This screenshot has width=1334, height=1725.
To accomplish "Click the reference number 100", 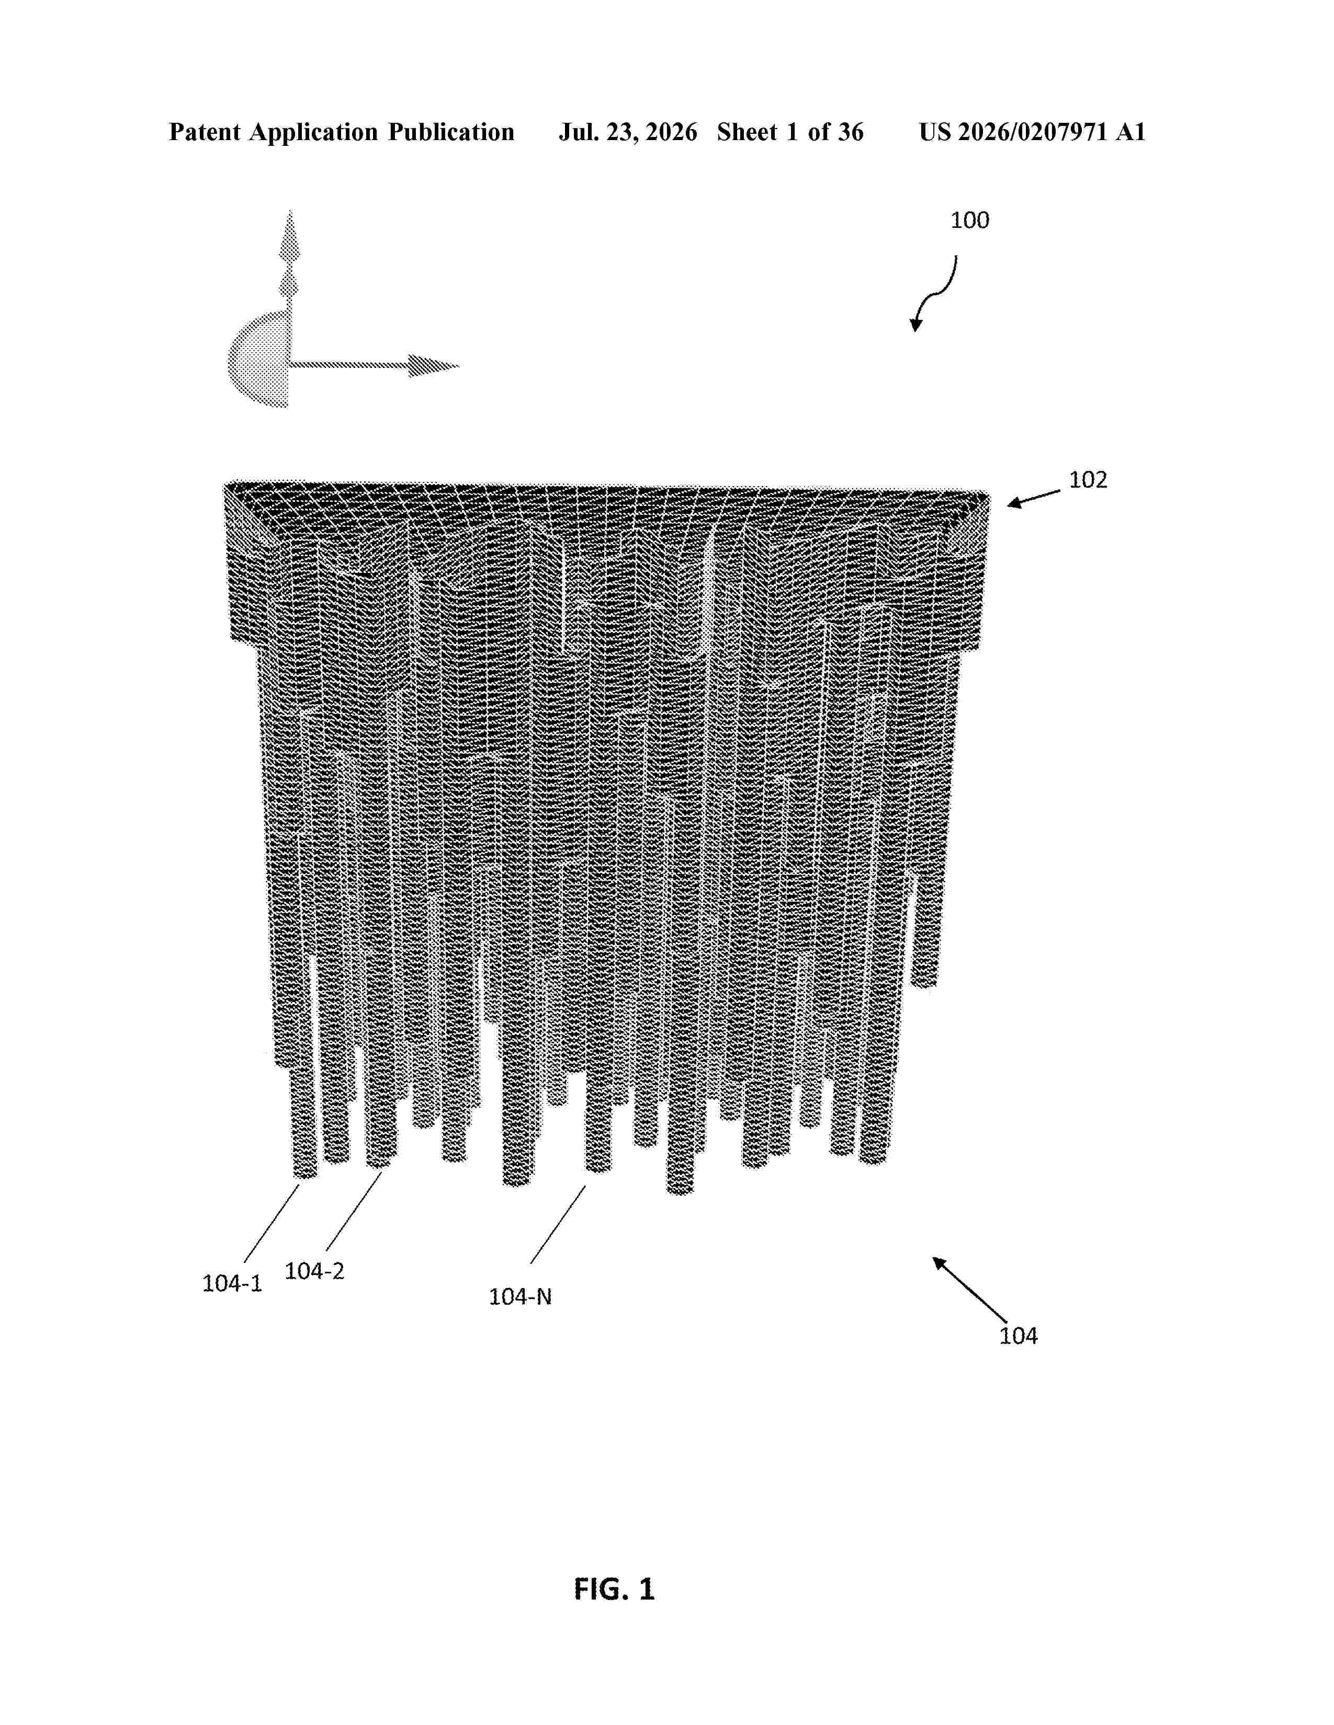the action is click(970, 221).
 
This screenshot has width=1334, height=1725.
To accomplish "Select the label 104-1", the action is click(232, 1283).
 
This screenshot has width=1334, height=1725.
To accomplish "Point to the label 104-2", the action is click(314, 1271).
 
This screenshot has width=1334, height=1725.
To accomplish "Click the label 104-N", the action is click(520, 1296).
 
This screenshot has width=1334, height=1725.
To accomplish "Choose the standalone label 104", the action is click(1019, 1336).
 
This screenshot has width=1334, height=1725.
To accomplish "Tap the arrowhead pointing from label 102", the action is click(1013, 502).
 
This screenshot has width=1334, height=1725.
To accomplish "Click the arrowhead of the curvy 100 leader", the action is click(916, 325).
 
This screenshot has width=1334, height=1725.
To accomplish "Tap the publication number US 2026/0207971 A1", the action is click(1032, 132).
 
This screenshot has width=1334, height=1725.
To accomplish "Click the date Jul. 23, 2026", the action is click(628, 132).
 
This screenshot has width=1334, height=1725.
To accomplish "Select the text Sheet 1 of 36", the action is click(790, 132).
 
